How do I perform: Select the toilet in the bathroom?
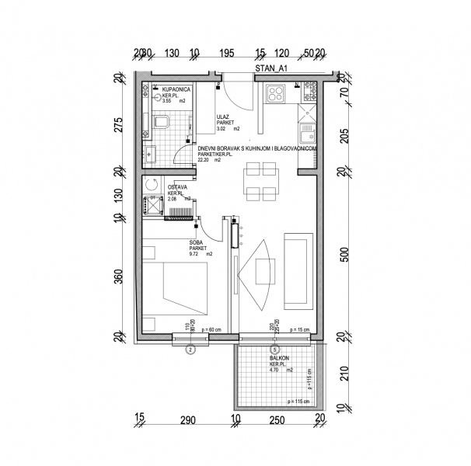point(161,122)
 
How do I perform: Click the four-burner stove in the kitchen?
point(276,96)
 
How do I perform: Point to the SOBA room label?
point(197,242)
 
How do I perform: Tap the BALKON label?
point(279,358)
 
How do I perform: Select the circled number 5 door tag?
point(274,349)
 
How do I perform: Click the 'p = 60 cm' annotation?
point(212,332)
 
